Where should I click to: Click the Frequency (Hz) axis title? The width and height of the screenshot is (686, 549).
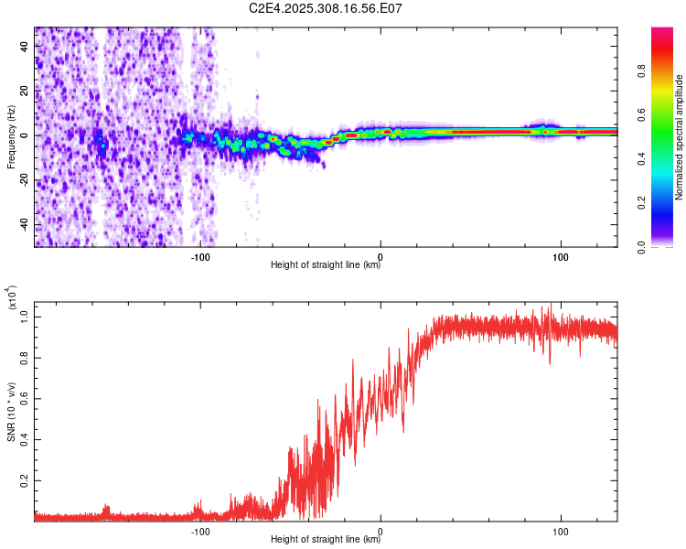tap(11, 136)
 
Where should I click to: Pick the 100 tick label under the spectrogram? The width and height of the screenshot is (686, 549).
tap(560, 255)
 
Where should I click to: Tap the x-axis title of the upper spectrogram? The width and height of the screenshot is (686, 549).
tap(326, 265)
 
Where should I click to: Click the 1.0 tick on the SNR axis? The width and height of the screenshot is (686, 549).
tap(24, 316)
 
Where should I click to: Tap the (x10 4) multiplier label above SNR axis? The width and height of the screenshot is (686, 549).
tap(12, 298)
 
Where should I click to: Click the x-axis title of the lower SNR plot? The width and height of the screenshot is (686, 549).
tap(326, 540)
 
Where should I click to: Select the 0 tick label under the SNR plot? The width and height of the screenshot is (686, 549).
tap(381, 530)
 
